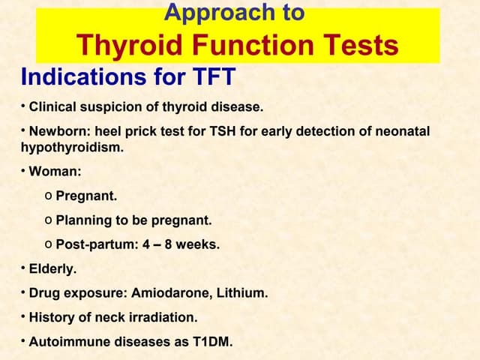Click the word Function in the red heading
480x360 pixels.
(257, 46)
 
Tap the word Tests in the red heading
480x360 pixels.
(361, 46)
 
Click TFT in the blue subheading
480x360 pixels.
(213, 76)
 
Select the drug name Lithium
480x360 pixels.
(241, 293)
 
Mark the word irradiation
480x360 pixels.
(166, 318)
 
